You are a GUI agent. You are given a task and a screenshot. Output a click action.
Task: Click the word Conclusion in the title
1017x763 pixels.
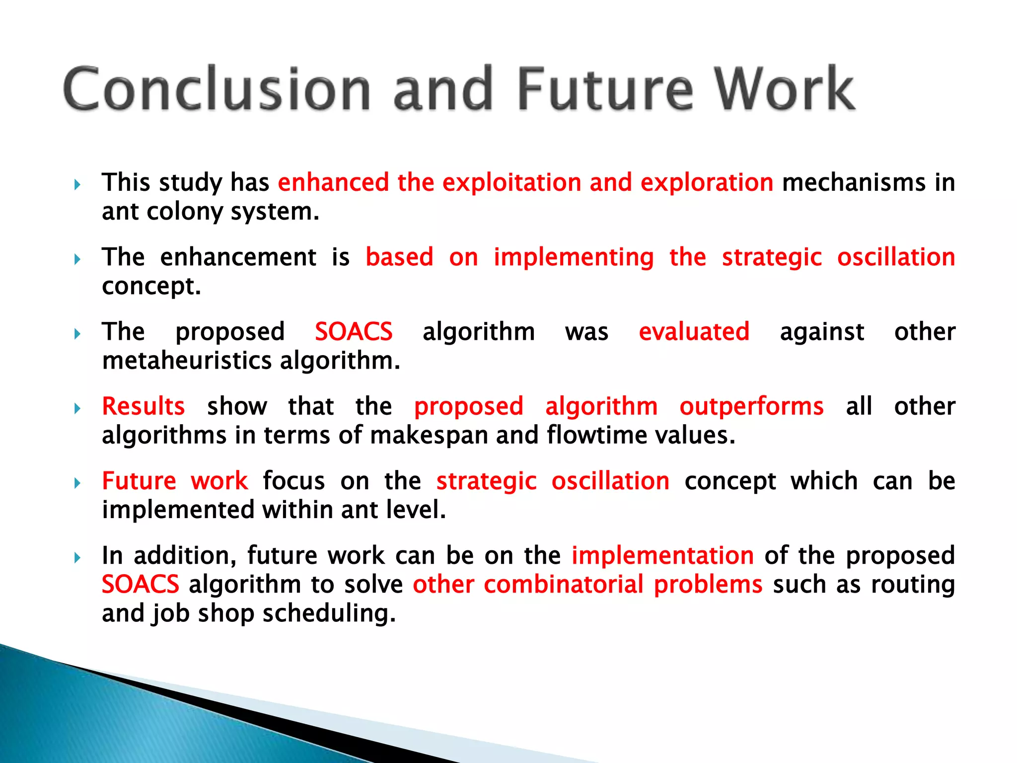coord(217,89)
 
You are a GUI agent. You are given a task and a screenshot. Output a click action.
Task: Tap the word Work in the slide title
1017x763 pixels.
coord(785,89)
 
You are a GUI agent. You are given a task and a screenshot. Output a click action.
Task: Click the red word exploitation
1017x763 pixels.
coord(511,182)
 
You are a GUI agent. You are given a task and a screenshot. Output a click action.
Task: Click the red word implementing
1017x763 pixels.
coord(574,257)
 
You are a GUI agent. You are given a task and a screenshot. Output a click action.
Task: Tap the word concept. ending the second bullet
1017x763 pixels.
coord(151,287)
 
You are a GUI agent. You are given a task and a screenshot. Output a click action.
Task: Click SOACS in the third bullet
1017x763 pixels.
coord(354,332)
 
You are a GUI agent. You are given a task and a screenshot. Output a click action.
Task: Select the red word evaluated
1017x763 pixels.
coord(694,332)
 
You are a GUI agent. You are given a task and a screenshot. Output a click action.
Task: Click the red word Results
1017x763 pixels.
coord(144,406)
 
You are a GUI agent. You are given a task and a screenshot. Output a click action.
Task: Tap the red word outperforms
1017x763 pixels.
coord(751,406)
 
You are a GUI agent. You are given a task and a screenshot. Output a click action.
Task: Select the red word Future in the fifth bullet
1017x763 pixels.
coord(139,481)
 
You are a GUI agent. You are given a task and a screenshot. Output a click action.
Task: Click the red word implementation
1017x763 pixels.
coord(662,555)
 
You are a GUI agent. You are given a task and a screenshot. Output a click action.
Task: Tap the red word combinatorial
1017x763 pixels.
coord(564,585)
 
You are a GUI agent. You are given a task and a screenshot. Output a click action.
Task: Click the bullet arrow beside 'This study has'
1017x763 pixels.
coord(77,185)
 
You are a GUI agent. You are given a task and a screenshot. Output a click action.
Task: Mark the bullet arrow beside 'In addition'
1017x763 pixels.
coord(77,558)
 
